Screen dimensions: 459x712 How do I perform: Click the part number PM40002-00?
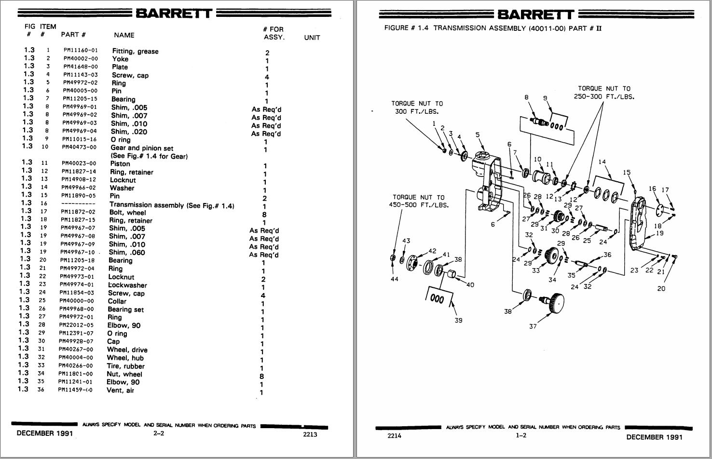(80, 58)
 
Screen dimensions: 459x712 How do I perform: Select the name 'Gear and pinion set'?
(142, 148)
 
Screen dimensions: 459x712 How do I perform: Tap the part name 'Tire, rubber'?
(125, 366)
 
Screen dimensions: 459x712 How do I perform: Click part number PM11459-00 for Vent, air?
(76, 390)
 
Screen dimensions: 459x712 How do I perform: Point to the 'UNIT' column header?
(312, 38)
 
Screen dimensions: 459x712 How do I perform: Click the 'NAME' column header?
(124, 35)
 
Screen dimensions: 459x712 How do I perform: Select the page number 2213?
(310, 434)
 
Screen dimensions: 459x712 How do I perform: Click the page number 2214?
(394, 436)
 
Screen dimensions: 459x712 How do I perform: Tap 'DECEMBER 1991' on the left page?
(44, 433)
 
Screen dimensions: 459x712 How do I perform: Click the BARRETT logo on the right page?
(535, 14)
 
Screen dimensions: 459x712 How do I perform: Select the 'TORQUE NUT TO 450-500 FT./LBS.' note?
(418, 201)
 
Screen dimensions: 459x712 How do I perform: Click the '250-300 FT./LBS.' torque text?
(604, 96)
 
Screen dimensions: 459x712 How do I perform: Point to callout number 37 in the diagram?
(533, 326)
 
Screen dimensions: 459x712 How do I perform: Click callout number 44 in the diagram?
(395, 279)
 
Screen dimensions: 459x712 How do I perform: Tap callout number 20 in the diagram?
(661, 288)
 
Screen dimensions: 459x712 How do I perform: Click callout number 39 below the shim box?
(458, 320)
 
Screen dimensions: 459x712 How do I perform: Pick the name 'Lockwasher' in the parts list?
(127, 285)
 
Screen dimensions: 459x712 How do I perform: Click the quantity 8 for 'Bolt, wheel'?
(264, 215)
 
